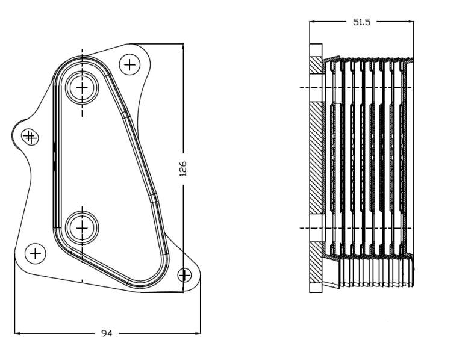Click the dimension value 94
107,333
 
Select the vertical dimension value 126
183,169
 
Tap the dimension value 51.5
361,22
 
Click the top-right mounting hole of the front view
130,64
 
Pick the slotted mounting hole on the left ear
30,137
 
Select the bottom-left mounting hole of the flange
36,253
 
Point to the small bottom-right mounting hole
184,275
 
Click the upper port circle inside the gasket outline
83,88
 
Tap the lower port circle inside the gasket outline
83,228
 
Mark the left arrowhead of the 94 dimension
17,333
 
